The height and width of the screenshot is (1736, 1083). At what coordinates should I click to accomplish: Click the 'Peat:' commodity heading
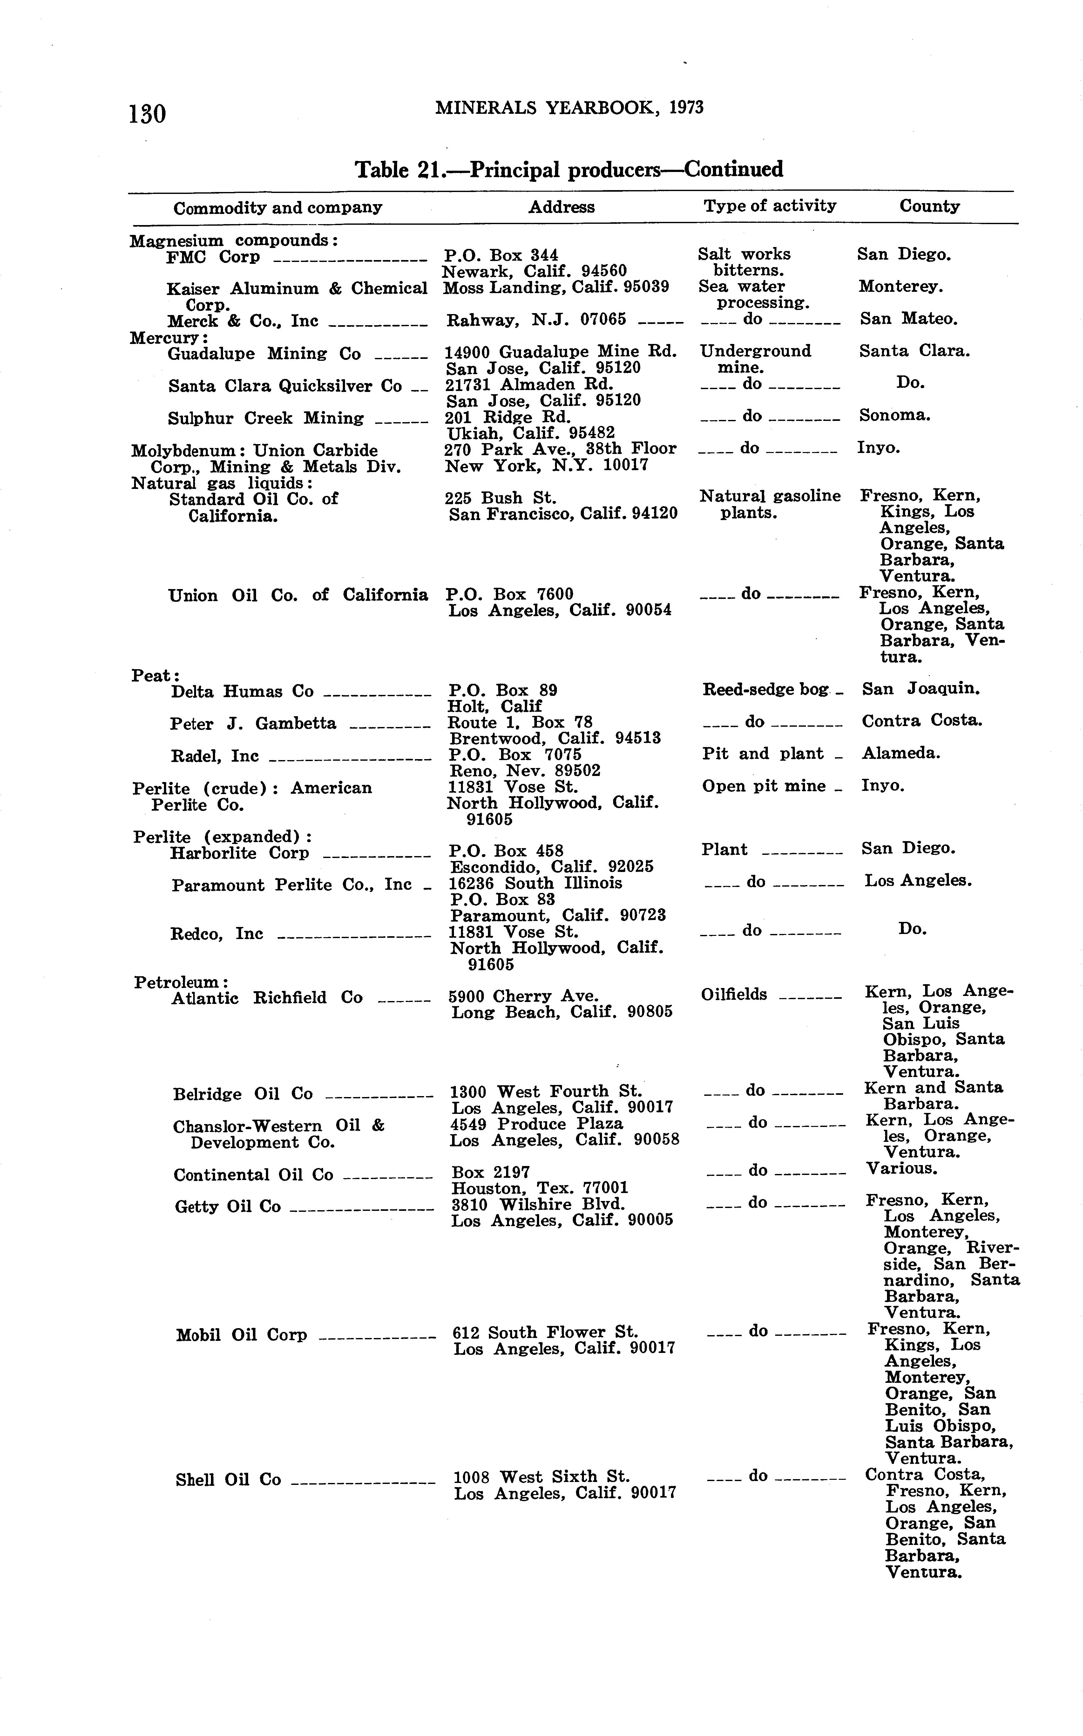155,675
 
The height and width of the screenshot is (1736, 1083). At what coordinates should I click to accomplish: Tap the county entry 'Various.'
901,1168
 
